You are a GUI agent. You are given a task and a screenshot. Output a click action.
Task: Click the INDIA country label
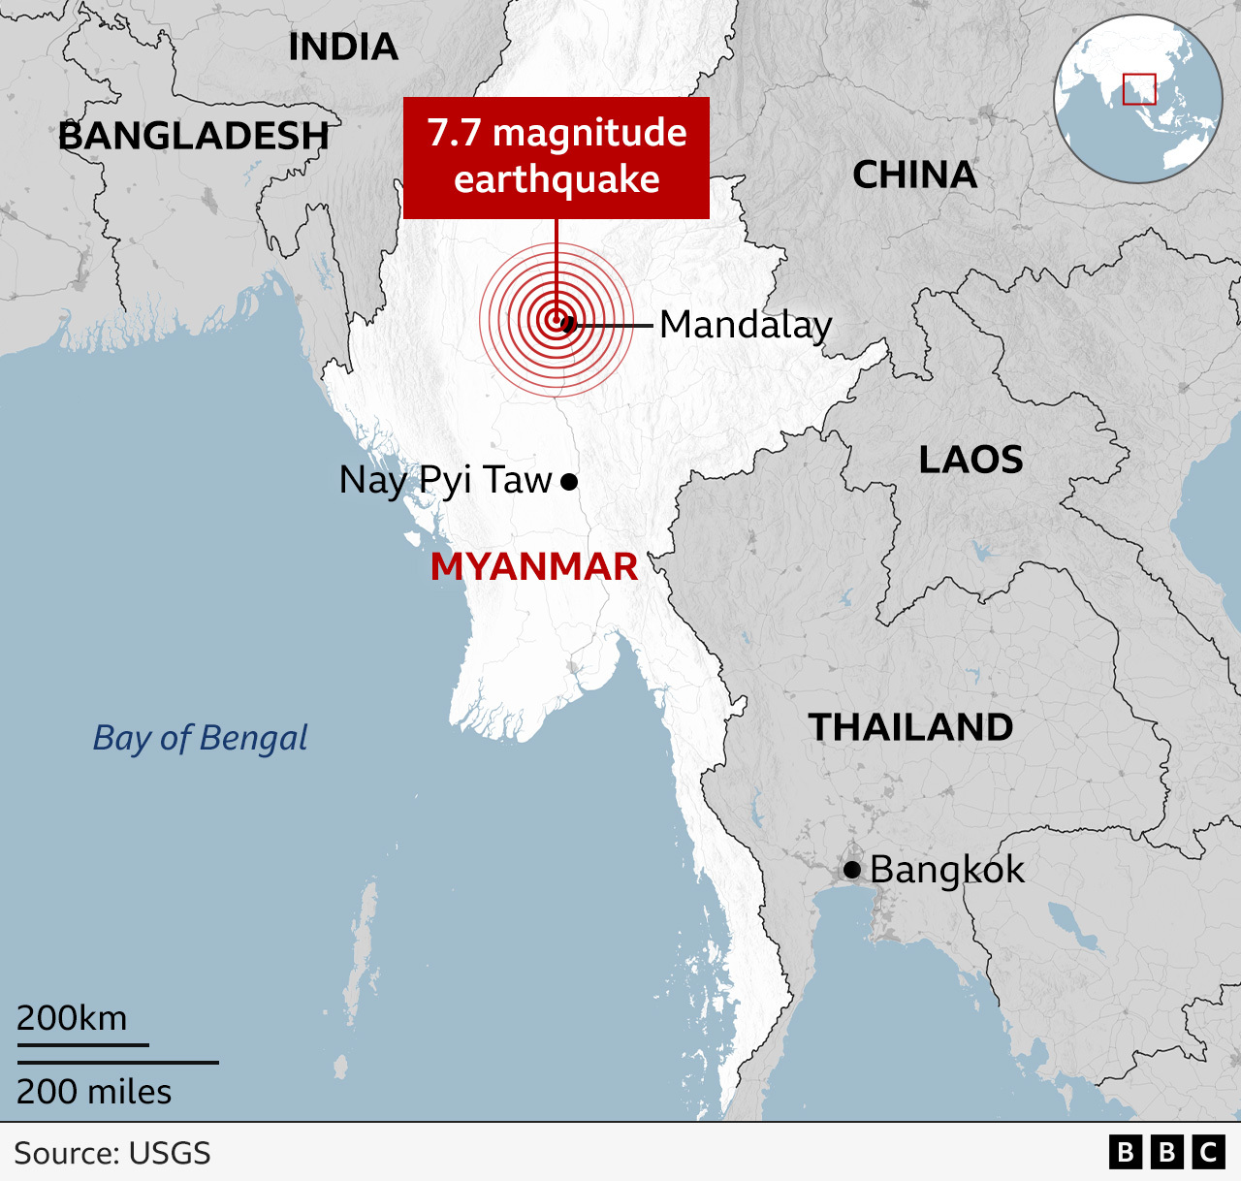343,47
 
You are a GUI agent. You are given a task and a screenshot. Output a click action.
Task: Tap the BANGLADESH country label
194,136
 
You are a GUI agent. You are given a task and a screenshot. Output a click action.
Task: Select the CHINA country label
914,175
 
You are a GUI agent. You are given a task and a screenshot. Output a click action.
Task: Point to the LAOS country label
971,460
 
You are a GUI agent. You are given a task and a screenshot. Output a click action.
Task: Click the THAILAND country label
910,727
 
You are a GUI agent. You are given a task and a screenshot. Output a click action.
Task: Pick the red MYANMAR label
534,566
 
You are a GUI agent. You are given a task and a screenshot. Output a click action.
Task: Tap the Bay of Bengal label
200,738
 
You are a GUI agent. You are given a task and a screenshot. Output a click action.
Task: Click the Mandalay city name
746,325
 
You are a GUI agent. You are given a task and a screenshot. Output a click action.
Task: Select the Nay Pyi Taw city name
445,480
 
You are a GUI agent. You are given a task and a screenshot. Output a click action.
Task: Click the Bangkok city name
946,870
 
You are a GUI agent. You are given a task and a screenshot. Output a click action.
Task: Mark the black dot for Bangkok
852,870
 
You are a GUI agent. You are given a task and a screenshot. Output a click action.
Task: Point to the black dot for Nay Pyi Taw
570,481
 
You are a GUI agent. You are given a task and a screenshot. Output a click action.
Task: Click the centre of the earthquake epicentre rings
557,319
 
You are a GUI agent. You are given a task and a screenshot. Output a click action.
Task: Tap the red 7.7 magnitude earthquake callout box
557,157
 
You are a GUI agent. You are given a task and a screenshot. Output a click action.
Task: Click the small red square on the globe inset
1139,89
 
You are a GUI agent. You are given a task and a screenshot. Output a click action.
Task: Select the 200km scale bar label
72,1018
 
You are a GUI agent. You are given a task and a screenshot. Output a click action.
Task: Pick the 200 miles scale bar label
94,1092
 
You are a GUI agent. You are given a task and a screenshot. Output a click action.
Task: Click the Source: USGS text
112,1153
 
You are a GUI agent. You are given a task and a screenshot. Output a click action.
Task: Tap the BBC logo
1166,1152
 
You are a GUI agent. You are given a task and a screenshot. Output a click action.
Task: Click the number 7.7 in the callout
455,133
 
